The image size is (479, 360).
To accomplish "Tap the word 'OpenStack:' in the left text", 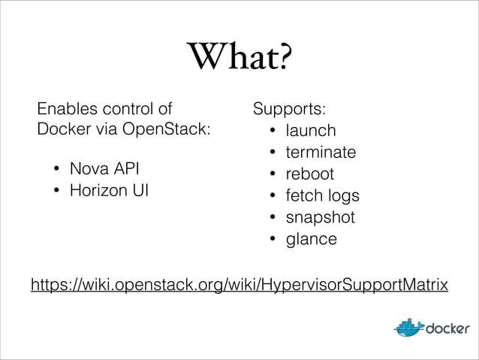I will [x=170, y=129].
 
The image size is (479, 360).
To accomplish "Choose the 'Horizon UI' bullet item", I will [x=109, y=190].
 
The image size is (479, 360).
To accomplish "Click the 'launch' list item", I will [x=311, y=131].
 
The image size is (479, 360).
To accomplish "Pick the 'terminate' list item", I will [x=321, y=153].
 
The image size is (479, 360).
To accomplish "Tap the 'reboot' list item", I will [x=309, y=174].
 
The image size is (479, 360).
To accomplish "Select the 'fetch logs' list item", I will [x=322, y=196].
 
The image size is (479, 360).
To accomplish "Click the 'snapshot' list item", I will [x=320, y=218].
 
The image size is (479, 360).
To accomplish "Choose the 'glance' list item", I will [x=311, y=240].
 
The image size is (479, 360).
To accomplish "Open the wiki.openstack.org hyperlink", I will [x=239, y=286].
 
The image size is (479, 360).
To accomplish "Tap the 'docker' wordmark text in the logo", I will [x=448, y=329].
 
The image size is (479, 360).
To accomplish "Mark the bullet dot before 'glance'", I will [x=272, y=240].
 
